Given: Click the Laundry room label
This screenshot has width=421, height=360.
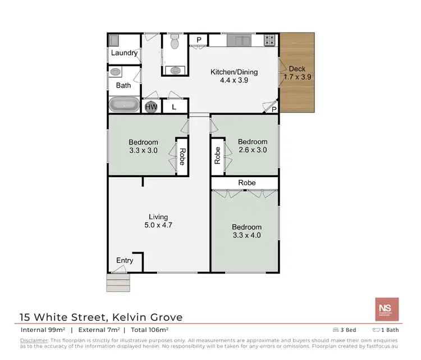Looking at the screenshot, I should pos(124,53).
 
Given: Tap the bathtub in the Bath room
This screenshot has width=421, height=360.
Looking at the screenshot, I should pos(124,105).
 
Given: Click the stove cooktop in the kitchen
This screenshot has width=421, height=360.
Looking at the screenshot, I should pos(270,40).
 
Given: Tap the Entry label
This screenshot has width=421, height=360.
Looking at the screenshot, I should pos(125,260).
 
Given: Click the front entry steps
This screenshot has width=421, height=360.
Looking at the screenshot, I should pos(118,281).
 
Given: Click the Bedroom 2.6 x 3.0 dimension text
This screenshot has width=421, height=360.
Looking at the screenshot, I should pos(252,150).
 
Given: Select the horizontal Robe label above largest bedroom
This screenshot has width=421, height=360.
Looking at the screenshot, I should pos(246,183).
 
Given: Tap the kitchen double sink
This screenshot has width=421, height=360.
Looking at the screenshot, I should pos(239,40).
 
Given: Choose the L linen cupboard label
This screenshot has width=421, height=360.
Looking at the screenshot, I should pos(174,107).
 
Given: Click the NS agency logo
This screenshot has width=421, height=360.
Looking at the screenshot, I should pos(387,309).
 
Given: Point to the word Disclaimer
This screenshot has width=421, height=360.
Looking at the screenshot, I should pos(34,340).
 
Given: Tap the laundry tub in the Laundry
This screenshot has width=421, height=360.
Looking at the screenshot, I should pos(113,40).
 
